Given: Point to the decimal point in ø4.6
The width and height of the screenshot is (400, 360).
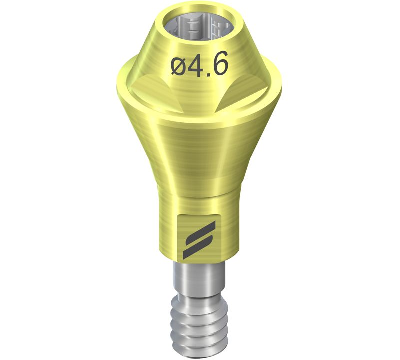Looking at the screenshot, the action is tap(209, 73).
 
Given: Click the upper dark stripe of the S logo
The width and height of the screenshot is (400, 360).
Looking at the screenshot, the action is tap(200, 232).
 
